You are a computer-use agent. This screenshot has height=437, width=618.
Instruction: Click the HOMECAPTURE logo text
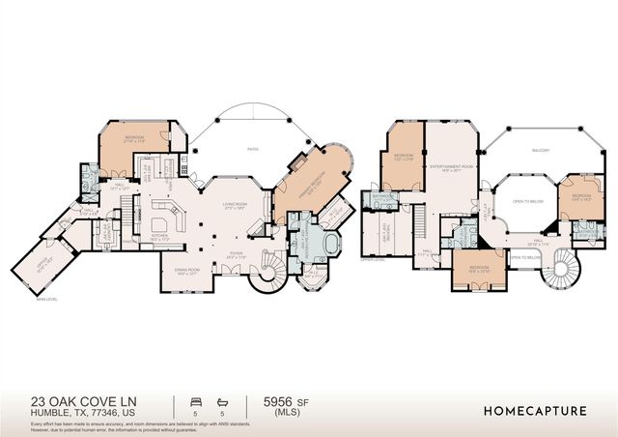click(534, 410)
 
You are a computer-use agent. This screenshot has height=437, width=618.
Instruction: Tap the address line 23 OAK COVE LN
click(78, 400)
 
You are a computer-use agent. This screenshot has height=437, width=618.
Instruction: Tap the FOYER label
click(236, 254)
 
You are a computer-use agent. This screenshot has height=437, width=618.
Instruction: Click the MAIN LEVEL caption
click(46, 300)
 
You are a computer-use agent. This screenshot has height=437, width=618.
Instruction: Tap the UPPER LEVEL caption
click(373, 260)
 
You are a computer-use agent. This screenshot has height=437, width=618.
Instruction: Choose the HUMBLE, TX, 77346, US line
click(69, 413)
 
